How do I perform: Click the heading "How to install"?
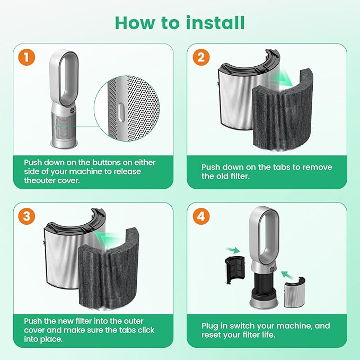pos(180,23)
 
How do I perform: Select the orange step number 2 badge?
pos(200,57)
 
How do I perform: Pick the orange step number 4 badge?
pos(200,216)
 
